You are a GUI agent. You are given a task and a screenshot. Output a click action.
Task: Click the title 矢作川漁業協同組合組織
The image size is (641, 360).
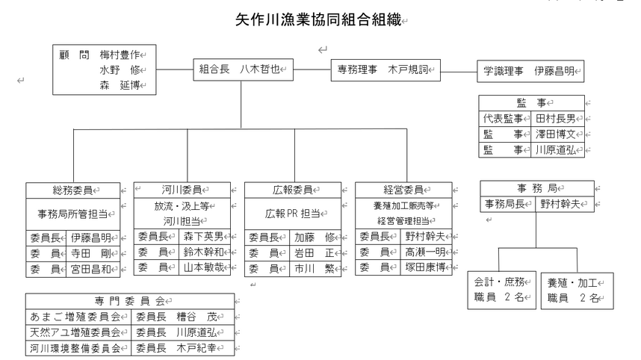pyautogui.click(x=318, y=19)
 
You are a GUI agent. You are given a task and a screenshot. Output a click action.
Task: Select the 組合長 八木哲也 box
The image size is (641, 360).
pyautogui.click(x=244, y=69)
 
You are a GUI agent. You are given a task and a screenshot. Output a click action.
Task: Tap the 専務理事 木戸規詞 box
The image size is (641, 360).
pyautogui.click(x=385, y=70)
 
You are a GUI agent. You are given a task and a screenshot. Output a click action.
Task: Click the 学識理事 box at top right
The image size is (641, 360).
pyautogui.click(x=530, y=72)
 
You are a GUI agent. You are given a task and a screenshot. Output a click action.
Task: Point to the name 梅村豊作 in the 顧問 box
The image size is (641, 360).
pyautogui.click(x=120, y=55)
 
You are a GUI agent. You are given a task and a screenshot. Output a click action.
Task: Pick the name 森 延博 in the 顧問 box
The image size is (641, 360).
pyautogui.click(x=120, y=85)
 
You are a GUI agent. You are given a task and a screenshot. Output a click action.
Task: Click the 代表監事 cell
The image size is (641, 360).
pyautogui.click(x=505, y=119)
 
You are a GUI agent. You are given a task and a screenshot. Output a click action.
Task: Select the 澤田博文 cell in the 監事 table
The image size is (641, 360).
pyautogui.click(x=557, y=134)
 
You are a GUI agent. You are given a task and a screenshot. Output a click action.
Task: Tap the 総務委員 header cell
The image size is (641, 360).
pyautogui.click(x=73, y=190)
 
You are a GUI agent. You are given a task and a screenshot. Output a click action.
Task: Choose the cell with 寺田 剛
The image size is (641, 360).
pyautogui.click(x=93, y=254)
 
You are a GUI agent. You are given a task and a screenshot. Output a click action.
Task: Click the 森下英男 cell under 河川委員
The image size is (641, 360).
pyautogui.click(x=205, y=237)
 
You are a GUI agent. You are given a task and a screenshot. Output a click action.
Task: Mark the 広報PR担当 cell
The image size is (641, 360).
pyautogui.click(x=293, y=214)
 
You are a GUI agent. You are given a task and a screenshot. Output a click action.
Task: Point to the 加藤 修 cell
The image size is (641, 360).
pyautogui.click(x=315, y=238)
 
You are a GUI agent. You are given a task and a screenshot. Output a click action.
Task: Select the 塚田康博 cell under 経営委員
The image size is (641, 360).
pyautogui.click(x=426, y=267)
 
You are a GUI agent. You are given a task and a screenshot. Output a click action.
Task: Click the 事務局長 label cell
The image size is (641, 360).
pyautogui.click(x=508, y=204)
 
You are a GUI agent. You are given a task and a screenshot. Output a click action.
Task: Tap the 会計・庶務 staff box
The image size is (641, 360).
pyautogui.click(x=501, y=290)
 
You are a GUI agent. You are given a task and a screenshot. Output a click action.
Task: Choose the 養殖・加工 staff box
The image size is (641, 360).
pyautogui.click(x=577, y=291)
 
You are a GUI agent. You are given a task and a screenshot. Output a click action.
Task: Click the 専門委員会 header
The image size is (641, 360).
pyautogui.click(x=130, y=301)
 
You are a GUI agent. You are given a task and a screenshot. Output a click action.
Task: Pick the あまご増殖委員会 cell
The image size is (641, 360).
pyautogui.click(x=78, y=317)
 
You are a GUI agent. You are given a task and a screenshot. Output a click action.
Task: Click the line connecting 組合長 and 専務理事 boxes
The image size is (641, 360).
pyautogui.click(x=312, y=69)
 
